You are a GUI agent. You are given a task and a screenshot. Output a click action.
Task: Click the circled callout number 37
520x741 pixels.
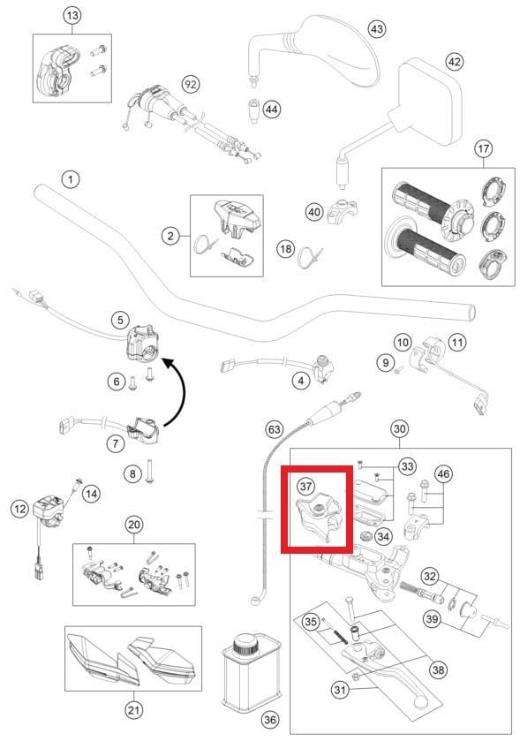click(x=305, y=486)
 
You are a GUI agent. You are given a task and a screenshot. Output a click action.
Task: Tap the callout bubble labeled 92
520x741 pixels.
click(x=191, y=85)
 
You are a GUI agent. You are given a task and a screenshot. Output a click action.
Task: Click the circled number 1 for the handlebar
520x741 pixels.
click(x=71, y=179)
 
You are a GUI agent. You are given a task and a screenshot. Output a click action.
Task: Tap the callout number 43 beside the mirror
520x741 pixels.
click(x=376, y=29)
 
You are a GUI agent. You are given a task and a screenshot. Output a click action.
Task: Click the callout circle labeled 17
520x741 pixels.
click(x=483, y=149)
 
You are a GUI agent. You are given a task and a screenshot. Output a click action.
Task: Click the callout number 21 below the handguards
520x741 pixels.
click(x=133, y=709)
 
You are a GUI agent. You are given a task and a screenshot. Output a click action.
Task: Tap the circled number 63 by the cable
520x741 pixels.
click(x=274, y=430)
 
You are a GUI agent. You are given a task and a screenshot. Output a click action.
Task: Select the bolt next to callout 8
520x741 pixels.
click(x=150, y=472)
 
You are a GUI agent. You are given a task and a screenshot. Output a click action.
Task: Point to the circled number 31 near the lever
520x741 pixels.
click(x=340, y=691)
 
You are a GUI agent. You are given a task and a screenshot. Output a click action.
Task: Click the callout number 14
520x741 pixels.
click(x=91, y=494)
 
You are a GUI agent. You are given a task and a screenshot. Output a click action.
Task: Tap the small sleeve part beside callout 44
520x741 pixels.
click(x=255, y=110)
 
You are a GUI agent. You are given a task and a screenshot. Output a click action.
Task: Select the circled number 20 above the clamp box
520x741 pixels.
click(x=134, y=525)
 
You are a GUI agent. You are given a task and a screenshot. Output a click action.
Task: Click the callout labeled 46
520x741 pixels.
click(x=442, y=473)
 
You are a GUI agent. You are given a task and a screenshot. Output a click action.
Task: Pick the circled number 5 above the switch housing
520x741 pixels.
click(x=120, y=320)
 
